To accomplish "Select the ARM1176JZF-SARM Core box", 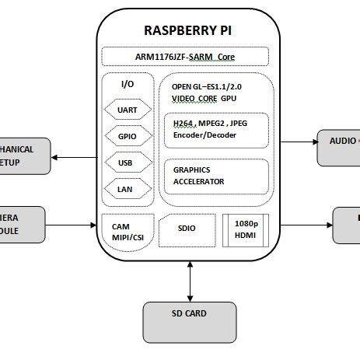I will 186,57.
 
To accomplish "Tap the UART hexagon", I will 127,110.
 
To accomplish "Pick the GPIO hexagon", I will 127,137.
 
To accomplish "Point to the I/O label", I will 127,84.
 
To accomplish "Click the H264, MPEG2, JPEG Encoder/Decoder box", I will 216,129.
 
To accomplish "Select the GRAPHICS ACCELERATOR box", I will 216,176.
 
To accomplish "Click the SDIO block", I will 187,229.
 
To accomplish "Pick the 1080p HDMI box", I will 246,229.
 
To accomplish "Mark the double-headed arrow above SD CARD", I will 190,281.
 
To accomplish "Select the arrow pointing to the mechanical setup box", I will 74,158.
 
